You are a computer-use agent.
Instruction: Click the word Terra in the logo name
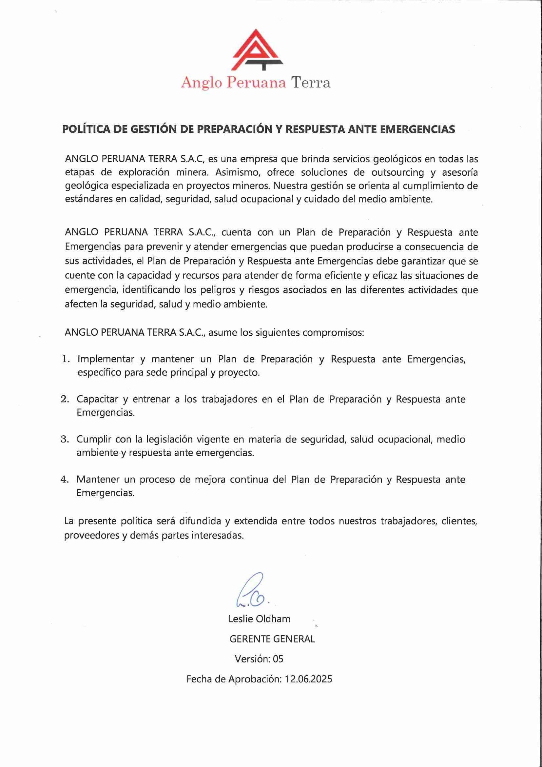311,83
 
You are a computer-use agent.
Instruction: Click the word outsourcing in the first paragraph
398,172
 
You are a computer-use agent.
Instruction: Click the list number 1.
66,359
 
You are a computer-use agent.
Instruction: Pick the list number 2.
65,399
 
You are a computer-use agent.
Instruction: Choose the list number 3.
65,439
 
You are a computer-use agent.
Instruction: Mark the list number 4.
65,479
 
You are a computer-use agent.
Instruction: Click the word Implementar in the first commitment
106,359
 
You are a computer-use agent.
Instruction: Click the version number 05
278,659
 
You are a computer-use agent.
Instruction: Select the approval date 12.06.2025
309,679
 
